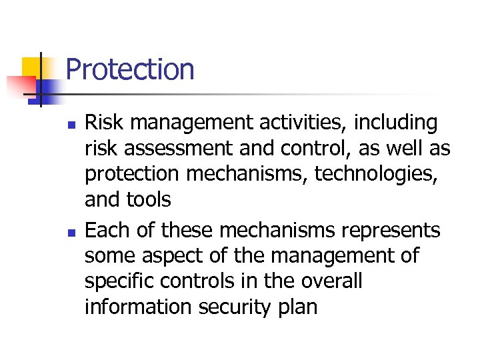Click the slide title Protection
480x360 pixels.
pyautogui.click(x=130, y=69)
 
